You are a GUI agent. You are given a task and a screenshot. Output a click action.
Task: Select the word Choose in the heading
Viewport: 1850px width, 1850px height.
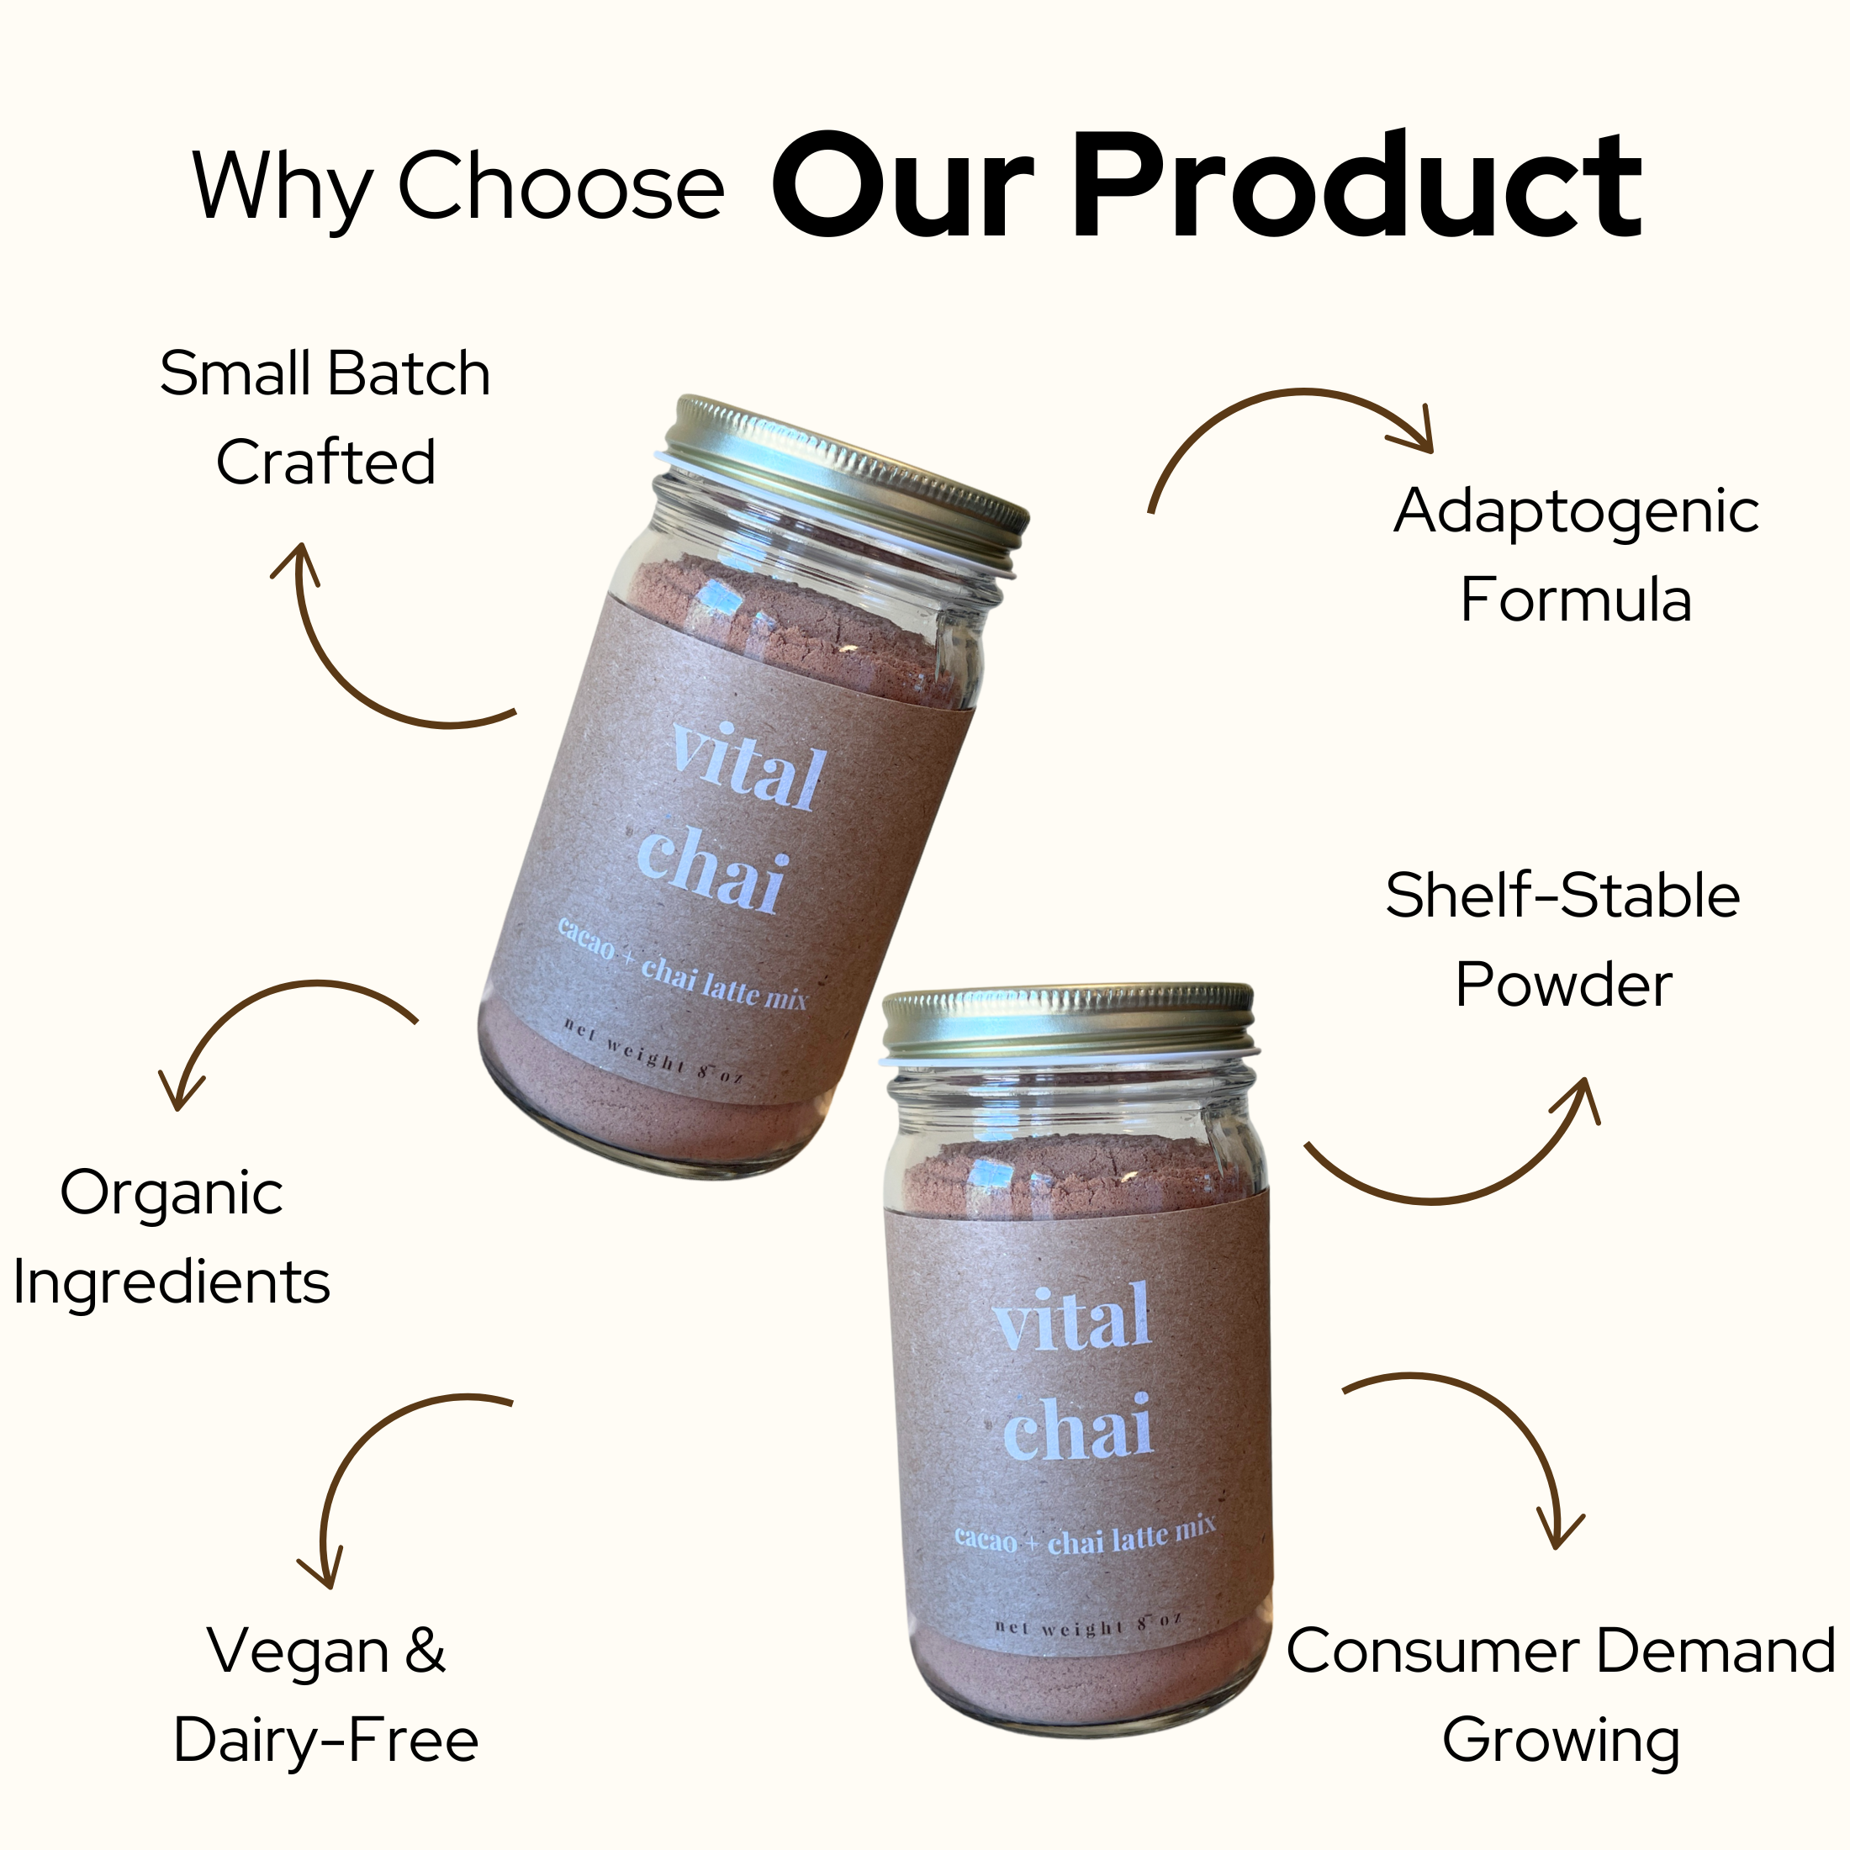point(560,186)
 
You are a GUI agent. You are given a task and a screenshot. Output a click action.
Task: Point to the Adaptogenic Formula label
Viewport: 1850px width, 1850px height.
point(1575,555)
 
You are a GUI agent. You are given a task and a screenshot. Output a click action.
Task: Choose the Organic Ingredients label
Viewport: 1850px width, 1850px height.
point(172,1237)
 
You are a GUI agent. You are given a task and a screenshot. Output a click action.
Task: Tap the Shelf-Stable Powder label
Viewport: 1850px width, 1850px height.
point(1562,939)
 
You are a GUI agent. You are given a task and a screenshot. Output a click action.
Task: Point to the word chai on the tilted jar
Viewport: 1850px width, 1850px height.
point(712,869)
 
